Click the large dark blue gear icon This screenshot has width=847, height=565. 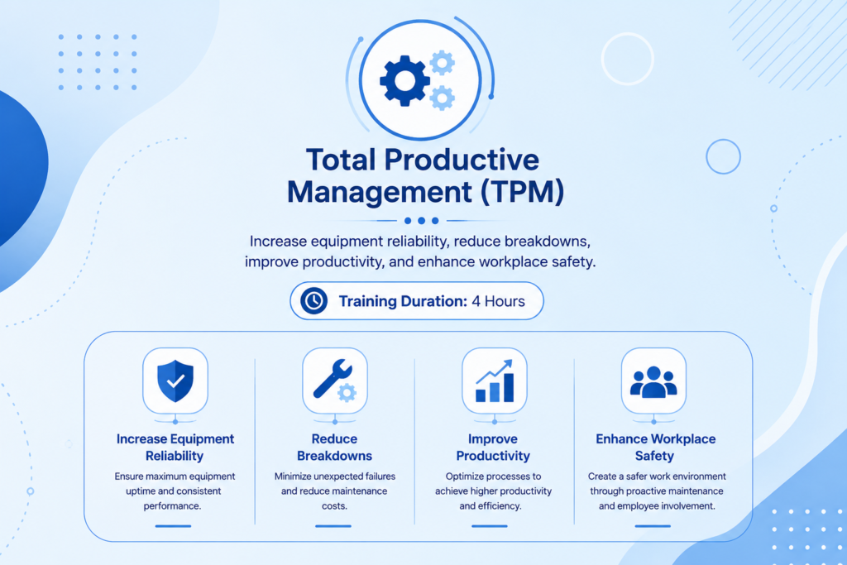tap(405, 81)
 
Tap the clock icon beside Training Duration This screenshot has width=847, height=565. tap(313, 301)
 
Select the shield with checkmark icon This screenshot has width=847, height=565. tap(175, 381)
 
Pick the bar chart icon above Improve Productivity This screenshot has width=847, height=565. tap(495, 381)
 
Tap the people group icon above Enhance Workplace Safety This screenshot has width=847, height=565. tap(653, 382)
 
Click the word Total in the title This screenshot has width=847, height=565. tap(341, 160)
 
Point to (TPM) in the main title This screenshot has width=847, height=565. tap(522, 192)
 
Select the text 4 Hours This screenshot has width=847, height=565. tap(498, 301)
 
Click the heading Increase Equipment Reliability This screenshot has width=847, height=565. tap(175, 448)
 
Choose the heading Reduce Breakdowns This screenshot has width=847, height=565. tap(334, 448)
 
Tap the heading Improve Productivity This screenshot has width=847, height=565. tap(493, 448)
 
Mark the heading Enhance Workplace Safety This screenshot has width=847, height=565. tap(655, 448)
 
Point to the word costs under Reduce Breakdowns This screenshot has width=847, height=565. tap(334, 506)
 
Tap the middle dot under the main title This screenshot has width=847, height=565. tap(421, 220)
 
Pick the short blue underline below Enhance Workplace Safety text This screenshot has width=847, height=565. tap(653, 525)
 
